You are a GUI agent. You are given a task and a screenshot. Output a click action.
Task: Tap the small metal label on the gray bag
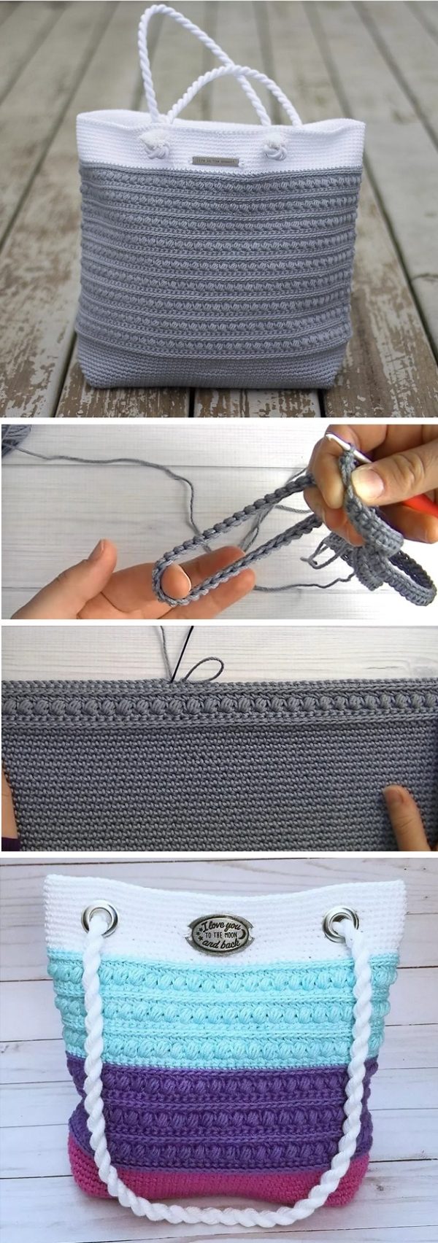pos(215,160)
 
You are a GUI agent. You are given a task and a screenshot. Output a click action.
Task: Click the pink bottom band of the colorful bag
pos(219,1171)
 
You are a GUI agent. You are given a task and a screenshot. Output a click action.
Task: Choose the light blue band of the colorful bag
pos(219,1007)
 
